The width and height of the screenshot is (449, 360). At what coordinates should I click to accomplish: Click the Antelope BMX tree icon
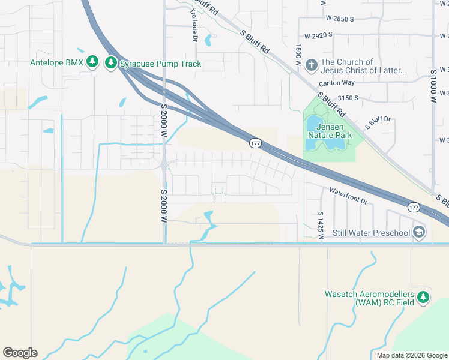pos(92,62)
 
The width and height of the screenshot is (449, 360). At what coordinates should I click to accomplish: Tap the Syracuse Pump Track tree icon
pos(110,62)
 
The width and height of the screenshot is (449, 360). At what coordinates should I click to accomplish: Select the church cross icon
pos(311,64)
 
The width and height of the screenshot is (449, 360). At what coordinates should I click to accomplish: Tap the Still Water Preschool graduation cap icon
pos(419,233)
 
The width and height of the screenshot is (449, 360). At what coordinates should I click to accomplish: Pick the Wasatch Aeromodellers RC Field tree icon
pos(423,297)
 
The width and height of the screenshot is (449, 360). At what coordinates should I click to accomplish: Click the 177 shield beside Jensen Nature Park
pos(256,143)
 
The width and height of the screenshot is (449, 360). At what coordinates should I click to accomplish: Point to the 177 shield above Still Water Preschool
pos(413,207)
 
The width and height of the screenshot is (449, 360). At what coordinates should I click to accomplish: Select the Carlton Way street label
pos(337,83)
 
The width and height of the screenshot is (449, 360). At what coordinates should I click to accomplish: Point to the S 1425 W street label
pos(321,226)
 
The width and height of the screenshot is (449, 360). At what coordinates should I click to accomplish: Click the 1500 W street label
pos(298,55)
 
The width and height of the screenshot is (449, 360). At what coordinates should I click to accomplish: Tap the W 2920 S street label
pos(318,36)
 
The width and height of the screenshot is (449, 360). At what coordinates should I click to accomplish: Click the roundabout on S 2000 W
pos(164,163)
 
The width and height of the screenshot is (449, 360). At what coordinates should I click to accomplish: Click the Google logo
pos(20,353)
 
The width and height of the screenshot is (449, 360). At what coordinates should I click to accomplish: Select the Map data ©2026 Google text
pos(411,355)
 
